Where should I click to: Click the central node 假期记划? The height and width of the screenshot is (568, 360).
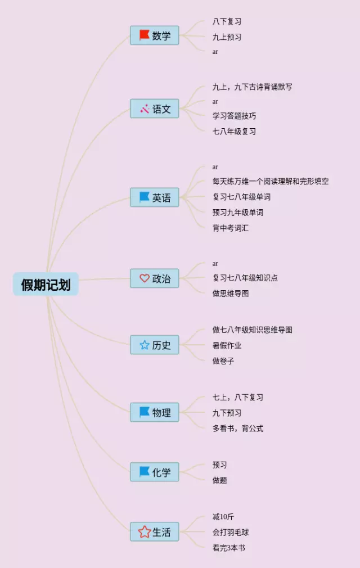pyautogui.click(x=46, y=285)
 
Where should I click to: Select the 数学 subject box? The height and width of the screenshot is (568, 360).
pyautogui.click(x=155, y=35)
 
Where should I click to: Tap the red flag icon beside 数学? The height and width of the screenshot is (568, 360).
pyautogui.click(x=145, y=35)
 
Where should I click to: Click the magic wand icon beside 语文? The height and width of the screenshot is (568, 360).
pyautogui.click(x=145, y=109)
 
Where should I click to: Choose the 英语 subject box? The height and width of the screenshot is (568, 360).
pyautogui.click(x=155, y=197)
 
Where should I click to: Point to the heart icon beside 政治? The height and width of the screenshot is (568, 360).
pyautogui.click(x=145, y=278)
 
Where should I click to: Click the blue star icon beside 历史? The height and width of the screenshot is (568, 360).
pyautogui.click(x=145, y=345)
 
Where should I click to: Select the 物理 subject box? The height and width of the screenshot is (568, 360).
pyautogui.click(x=155, y=412)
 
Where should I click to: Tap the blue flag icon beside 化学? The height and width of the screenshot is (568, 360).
pyautogui.click(x=145, y=472)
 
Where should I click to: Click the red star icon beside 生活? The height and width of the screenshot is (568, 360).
pyautogui.click(x=145, y=532)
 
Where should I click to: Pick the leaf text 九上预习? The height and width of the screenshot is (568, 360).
pyautogui.click(x=227, y=37)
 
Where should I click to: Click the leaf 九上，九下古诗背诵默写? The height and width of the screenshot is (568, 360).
pyautogui.click(x=252, y=87)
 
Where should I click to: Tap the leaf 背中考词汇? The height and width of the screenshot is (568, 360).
pyautogui.click(x=230, y=228)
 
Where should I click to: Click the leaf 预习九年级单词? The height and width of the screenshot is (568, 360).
pyautogui.click(x=237, y=213)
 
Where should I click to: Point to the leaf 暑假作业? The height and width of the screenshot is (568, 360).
pyautogui.click(x=227, y=345)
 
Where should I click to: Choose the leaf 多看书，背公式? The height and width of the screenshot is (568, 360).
pyautogui.click(x=237, y=429)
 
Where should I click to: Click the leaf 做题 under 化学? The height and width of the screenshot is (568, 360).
pyautogui.click(x=219, y=480)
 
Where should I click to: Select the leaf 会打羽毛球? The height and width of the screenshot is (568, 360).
pyautogui.click(x=230, y=532)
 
